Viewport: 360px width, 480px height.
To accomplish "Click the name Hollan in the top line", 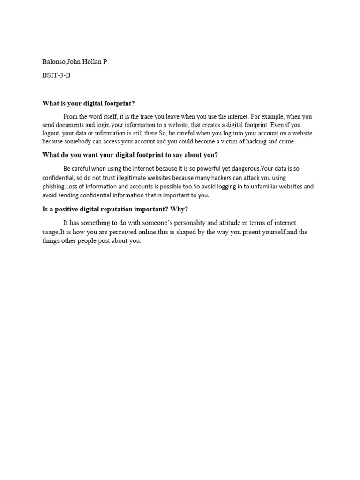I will (x=93, y=62).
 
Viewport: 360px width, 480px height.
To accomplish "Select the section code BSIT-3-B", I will (x=56, y=75).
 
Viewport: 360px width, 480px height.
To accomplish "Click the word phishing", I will (x=53, y=187).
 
